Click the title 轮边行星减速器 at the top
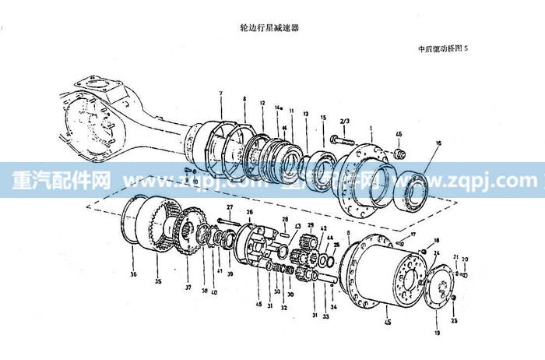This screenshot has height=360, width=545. pos(270,26)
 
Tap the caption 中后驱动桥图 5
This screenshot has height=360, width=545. pos(443,48)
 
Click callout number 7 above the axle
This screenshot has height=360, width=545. pos(221,94)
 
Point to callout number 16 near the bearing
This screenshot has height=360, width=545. pos(438,143)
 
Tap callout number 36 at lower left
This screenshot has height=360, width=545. pos(133,274)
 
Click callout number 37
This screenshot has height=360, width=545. pos(187,287)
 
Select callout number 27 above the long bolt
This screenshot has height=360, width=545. pos(230,206)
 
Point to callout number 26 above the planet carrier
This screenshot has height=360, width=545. pos(249,212)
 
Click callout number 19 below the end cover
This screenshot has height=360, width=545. pos(436,333)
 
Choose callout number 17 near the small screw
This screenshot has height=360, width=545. pos(414,234)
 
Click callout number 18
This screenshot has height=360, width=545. pos(437,240)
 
